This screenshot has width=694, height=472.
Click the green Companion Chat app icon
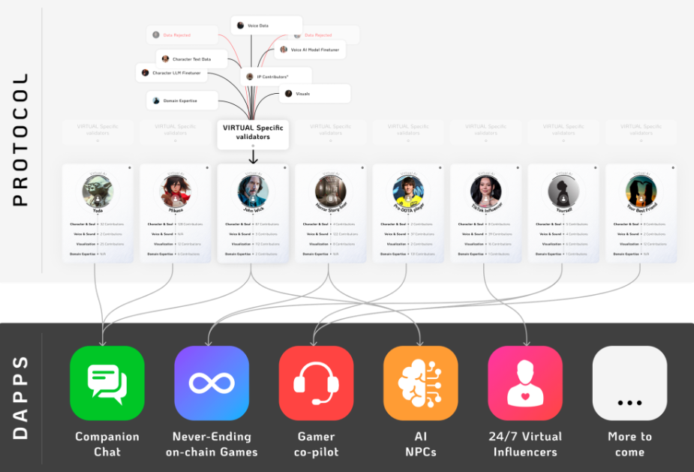pyautogui.click(x=107, y=383)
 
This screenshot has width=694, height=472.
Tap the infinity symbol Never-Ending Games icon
pyautogui.click(x=212, y=383)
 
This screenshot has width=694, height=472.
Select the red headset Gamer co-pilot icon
pyautogui.click(x=316, y=383)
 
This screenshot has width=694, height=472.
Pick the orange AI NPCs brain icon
pyautogui.click(x=420, y=383)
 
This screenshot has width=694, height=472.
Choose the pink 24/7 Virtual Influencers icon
pyautogui.click(x=525, y=383)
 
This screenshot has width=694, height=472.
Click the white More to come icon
pyautogui.click(x=629, y=383)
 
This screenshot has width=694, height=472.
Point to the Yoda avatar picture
pyautogui.click(x=98, y=191)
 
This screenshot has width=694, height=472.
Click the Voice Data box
pyautogui.click(x=266, y=26)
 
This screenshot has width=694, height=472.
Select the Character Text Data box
pyautogui.click(x=188, y=59)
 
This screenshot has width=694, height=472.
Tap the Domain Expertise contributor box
pyautogui.click(x=182, y=101)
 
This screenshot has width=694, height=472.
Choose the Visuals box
pyautogui.click(x=315, y=94)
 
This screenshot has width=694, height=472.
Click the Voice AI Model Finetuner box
pyautogui.click(x=311, y=50)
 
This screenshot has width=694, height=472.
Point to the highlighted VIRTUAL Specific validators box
pyautogui.click(x=253, y=133)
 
